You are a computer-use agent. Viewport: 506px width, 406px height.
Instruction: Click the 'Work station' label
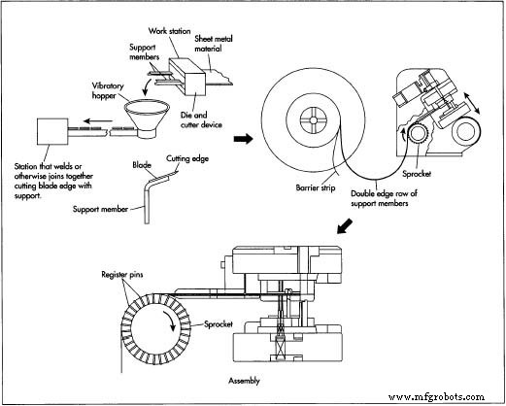click(x=169, y=31)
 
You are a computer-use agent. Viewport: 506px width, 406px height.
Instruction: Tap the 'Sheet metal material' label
click(x=214, y=44)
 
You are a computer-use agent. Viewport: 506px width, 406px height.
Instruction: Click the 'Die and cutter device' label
click(x=201, y=119)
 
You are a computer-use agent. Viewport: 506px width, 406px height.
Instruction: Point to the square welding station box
click(x=52, y=131)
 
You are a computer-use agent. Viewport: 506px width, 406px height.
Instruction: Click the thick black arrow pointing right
click(x=243, y=139)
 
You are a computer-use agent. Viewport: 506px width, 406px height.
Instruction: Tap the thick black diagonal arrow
click(x=345, y=225)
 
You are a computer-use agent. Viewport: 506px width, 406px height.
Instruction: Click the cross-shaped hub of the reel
click(x=313, y=120)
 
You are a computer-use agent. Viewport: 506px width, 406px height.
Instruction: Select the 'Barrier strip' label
click(x=316, y=187)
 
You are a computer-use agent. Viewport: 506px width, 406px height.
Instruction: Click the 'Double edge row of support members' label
click(x=384, y=198)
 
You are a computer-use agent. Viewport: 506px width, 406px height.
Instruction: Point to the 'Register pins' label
click(x=122, y=275)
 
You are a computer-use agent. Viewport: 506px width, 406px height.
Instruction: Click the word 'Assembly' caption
click(x=244, y=381)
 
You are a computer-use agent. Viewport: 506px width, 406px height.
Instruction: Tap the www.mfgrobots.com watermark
click(x=436, y=396)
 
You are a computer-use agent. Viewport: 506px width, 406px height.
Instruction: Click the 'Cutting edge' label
click(x=187, y=158)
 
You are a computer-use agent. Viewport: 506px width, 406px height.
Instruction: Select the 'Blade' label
click(x=142, y=165)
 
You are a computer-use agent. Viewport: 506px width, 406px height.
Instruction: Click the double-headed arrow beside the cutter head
click(x=472, y=103)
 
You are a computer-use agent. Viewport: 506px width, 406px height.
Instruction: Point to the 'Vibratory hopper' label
click(x=108, y=90)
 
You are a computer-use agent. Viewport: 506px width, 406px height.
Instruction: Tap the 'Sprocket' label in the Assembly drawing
click(x=219, y=324)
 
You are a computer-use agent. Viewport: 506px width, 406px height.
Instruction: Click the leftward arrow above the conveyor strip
click(x=98, y=121)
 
